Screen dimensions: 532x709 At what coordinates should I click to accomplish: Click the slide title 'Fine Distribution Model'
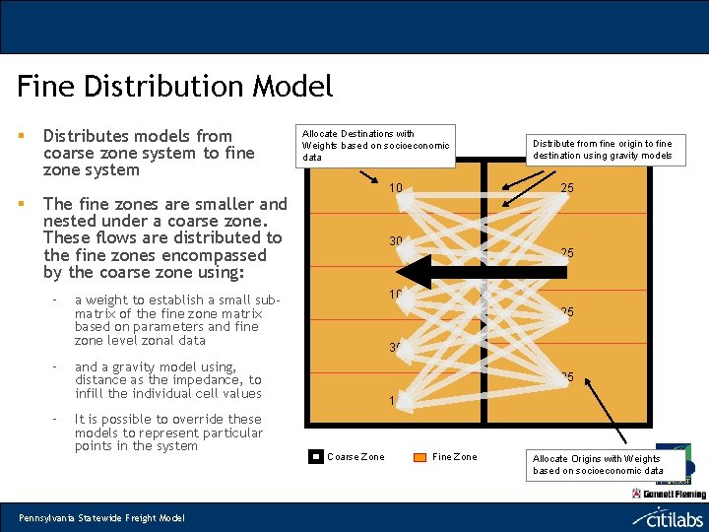(175, 87)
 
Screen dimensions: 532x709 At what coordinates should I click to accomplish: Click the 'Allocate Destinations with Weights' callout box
(375, 145)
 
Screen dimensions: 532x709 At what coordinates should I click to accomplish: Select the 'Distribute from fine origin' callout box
(602, 149)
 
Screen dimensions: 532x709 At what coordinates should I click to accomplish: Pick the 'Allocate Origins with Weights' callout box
(597, 464)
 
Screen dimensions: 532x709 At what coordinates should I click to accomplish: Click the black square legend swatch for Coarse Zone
(316, 456)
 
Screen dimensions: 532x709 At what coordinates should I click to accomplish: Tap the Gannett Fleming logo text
(675, 494)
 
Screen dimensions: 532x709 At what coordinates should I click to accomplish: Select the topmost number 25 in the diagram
(567, 188)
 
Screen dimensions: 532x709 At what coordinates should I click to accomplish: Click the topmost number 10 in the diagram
(394, 188)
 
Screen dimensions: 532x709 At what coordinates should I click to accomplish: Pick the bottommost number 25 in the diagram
(567, 377)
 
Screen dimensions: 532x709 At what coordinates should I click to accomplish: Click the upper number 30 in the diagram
(395, 241)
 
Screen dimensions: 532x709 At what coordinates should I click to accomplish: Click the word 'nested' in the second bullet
(71, 222)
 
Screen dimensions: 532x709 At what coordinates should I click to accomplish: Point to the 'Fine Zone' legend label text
(454, 456)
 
